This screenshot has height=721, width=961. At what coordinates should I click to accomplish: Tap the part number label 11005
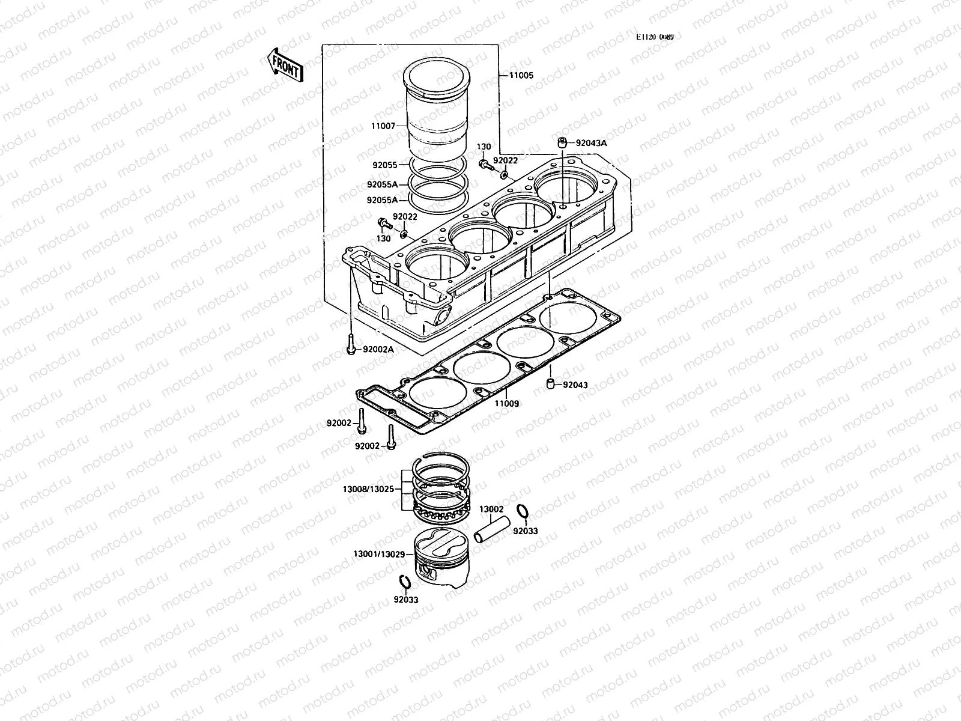(x=521, y=76)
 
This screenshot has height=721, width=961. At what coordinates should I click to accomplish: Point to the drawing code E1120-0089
(x=655, y=37)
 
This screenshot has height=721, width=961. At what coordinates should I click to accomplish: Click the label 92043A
(x=591, y=143)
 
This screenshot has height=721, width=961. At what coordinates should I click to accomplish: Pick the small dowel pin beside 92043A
(x=562, y=142)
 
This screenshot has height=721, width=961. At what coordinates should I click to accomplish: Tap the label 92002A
(x=378, y=349)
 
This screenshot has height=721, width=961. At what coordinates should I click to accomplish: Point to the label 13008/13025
(x=368, y=489)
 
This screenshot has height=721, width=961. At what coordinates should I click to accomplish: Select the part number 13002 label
(x=491, y=509)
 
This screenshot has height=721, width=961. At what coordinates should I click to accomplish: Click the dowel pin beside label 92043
(x=550, y=385)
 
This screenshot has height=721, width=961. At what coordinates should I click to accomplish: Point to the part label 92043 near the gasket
(x=575, y=385)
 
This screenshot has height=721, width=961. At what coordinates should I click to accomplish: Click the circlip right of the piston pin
(x=523, y=511)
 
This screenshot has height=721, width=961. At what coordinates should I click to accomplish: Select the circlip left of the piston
(x=405, y=582)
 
